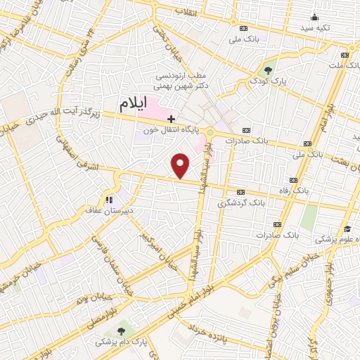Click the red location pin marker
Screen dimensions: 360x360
click(181, 165)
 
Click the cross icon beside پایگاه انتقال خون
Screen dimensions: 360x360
click(172, 120)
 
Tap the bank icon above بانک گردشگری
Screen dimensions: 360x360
click(242, 191)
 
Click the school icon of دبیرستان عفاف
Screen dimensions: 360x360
click(109, 199)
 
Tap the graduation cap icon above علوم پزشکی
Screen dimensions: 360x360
click(347, 229)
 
